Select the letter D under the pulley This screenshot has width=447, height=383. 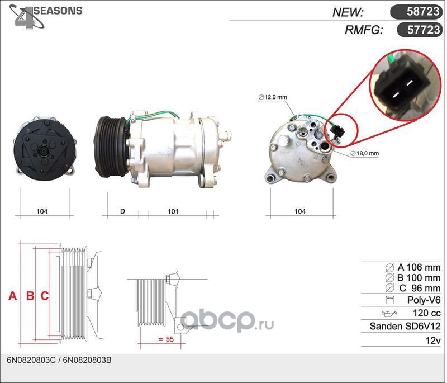coord(122,211)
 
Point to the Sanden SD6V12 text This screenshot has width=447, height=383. coord(405,327)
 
